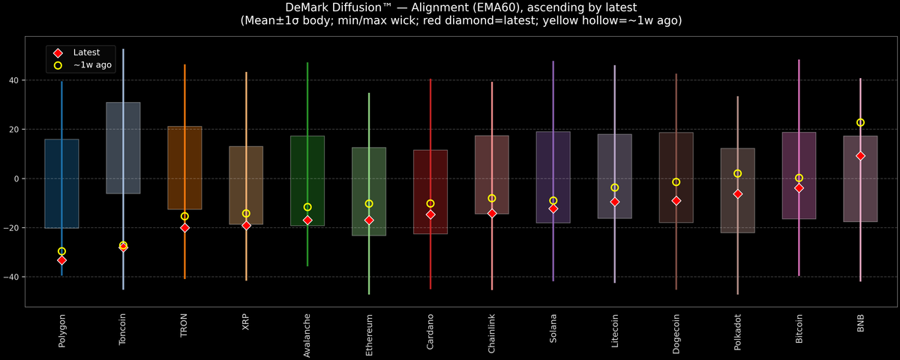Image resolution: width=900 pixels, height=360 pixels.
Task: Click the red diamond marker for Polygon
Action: tap(61, 260)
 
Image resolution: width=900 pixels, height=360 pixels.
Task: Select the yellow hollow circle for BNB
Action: tap(860, 122)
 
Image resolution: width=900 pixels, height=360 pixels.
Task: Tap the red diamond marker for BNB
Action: tap(860, 156)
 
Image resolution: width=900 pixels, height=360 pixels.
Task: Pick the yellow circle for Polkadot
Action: tap(737, 173)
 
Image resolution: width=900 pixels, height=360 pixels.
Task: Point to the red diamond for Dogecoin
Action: tap(676, 201)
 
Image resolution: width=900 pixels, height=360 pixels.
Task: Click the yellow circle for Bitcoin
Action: tap(799, 178)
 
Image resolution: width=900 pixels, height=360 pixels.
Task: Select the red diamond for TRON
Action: tap(184, 227)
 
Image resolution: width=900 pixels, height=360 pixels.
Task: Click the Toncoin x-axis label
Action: tap(123, 329)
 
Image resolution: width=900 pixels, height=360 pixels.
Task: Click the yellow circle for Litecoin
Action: tap(614, 187)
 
